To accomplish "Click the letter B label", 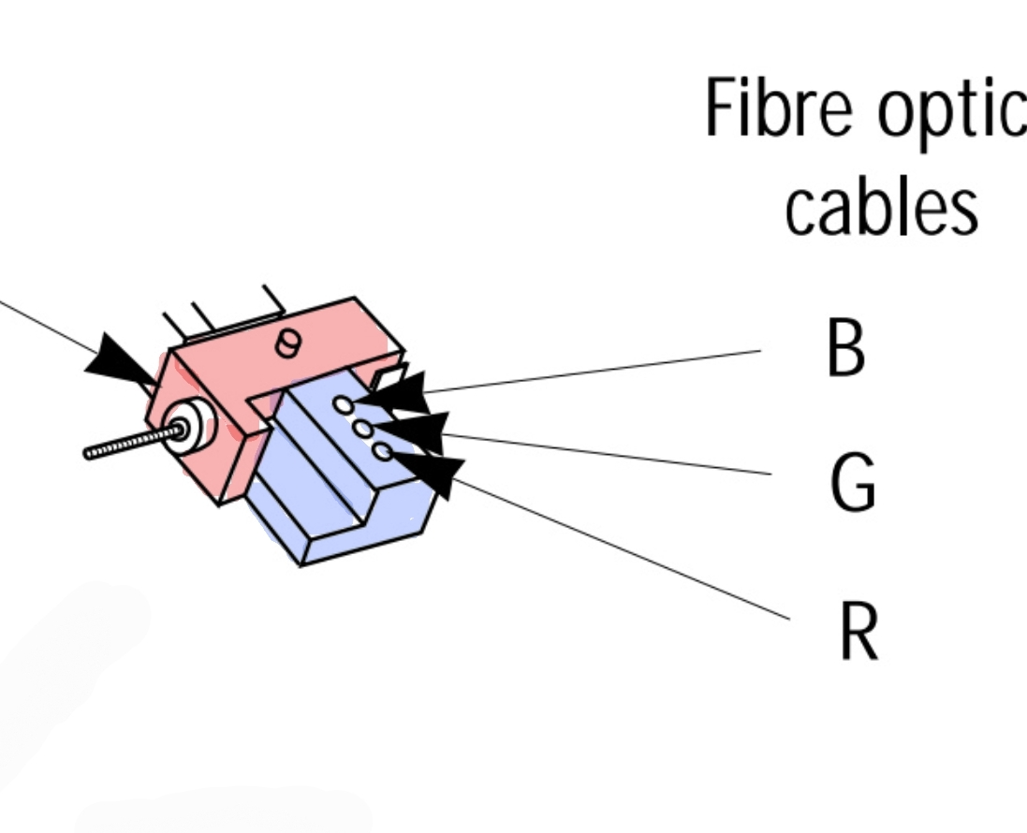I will tap(845, 349).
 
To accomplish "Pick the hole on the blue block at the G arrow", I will tap(362, 428).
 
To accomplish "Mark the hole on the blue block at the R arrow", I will tap(381, 451).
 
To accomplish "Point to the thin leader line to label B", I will tap(599, 371).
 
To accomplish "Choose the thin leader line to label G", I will tap(609, 454).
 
